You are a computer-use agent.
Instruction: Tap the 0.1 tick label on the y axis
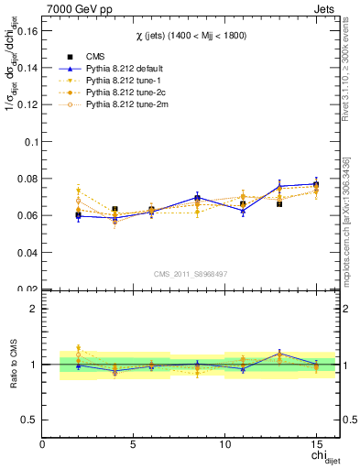tap(29, 142)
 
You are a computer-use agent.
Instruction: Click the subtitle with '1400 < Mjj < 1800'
tap(191, 35)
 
